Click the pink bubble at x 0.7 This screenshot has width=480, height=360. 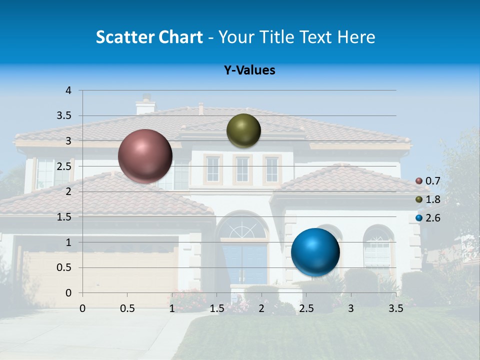point(145,156)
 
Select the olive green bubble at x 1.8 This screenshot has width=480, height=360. point(243,131)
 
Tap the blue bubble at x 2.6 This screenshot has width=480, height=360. point(315,252)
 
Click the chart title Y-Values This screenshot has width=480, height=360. point(249,70)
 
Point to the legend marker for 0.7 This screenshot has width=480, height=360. point(419,181)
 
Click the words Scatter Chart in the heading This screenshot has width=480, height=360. point(149,37)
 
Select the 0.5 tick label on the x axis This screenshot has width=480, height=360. point(127,308)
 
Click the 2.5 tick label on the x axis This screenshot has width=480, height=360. point(306,308)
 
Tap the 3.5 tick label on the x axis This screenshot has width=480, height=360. point(395,308)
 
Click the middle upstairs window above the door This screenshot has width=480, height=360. point(242,170)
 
